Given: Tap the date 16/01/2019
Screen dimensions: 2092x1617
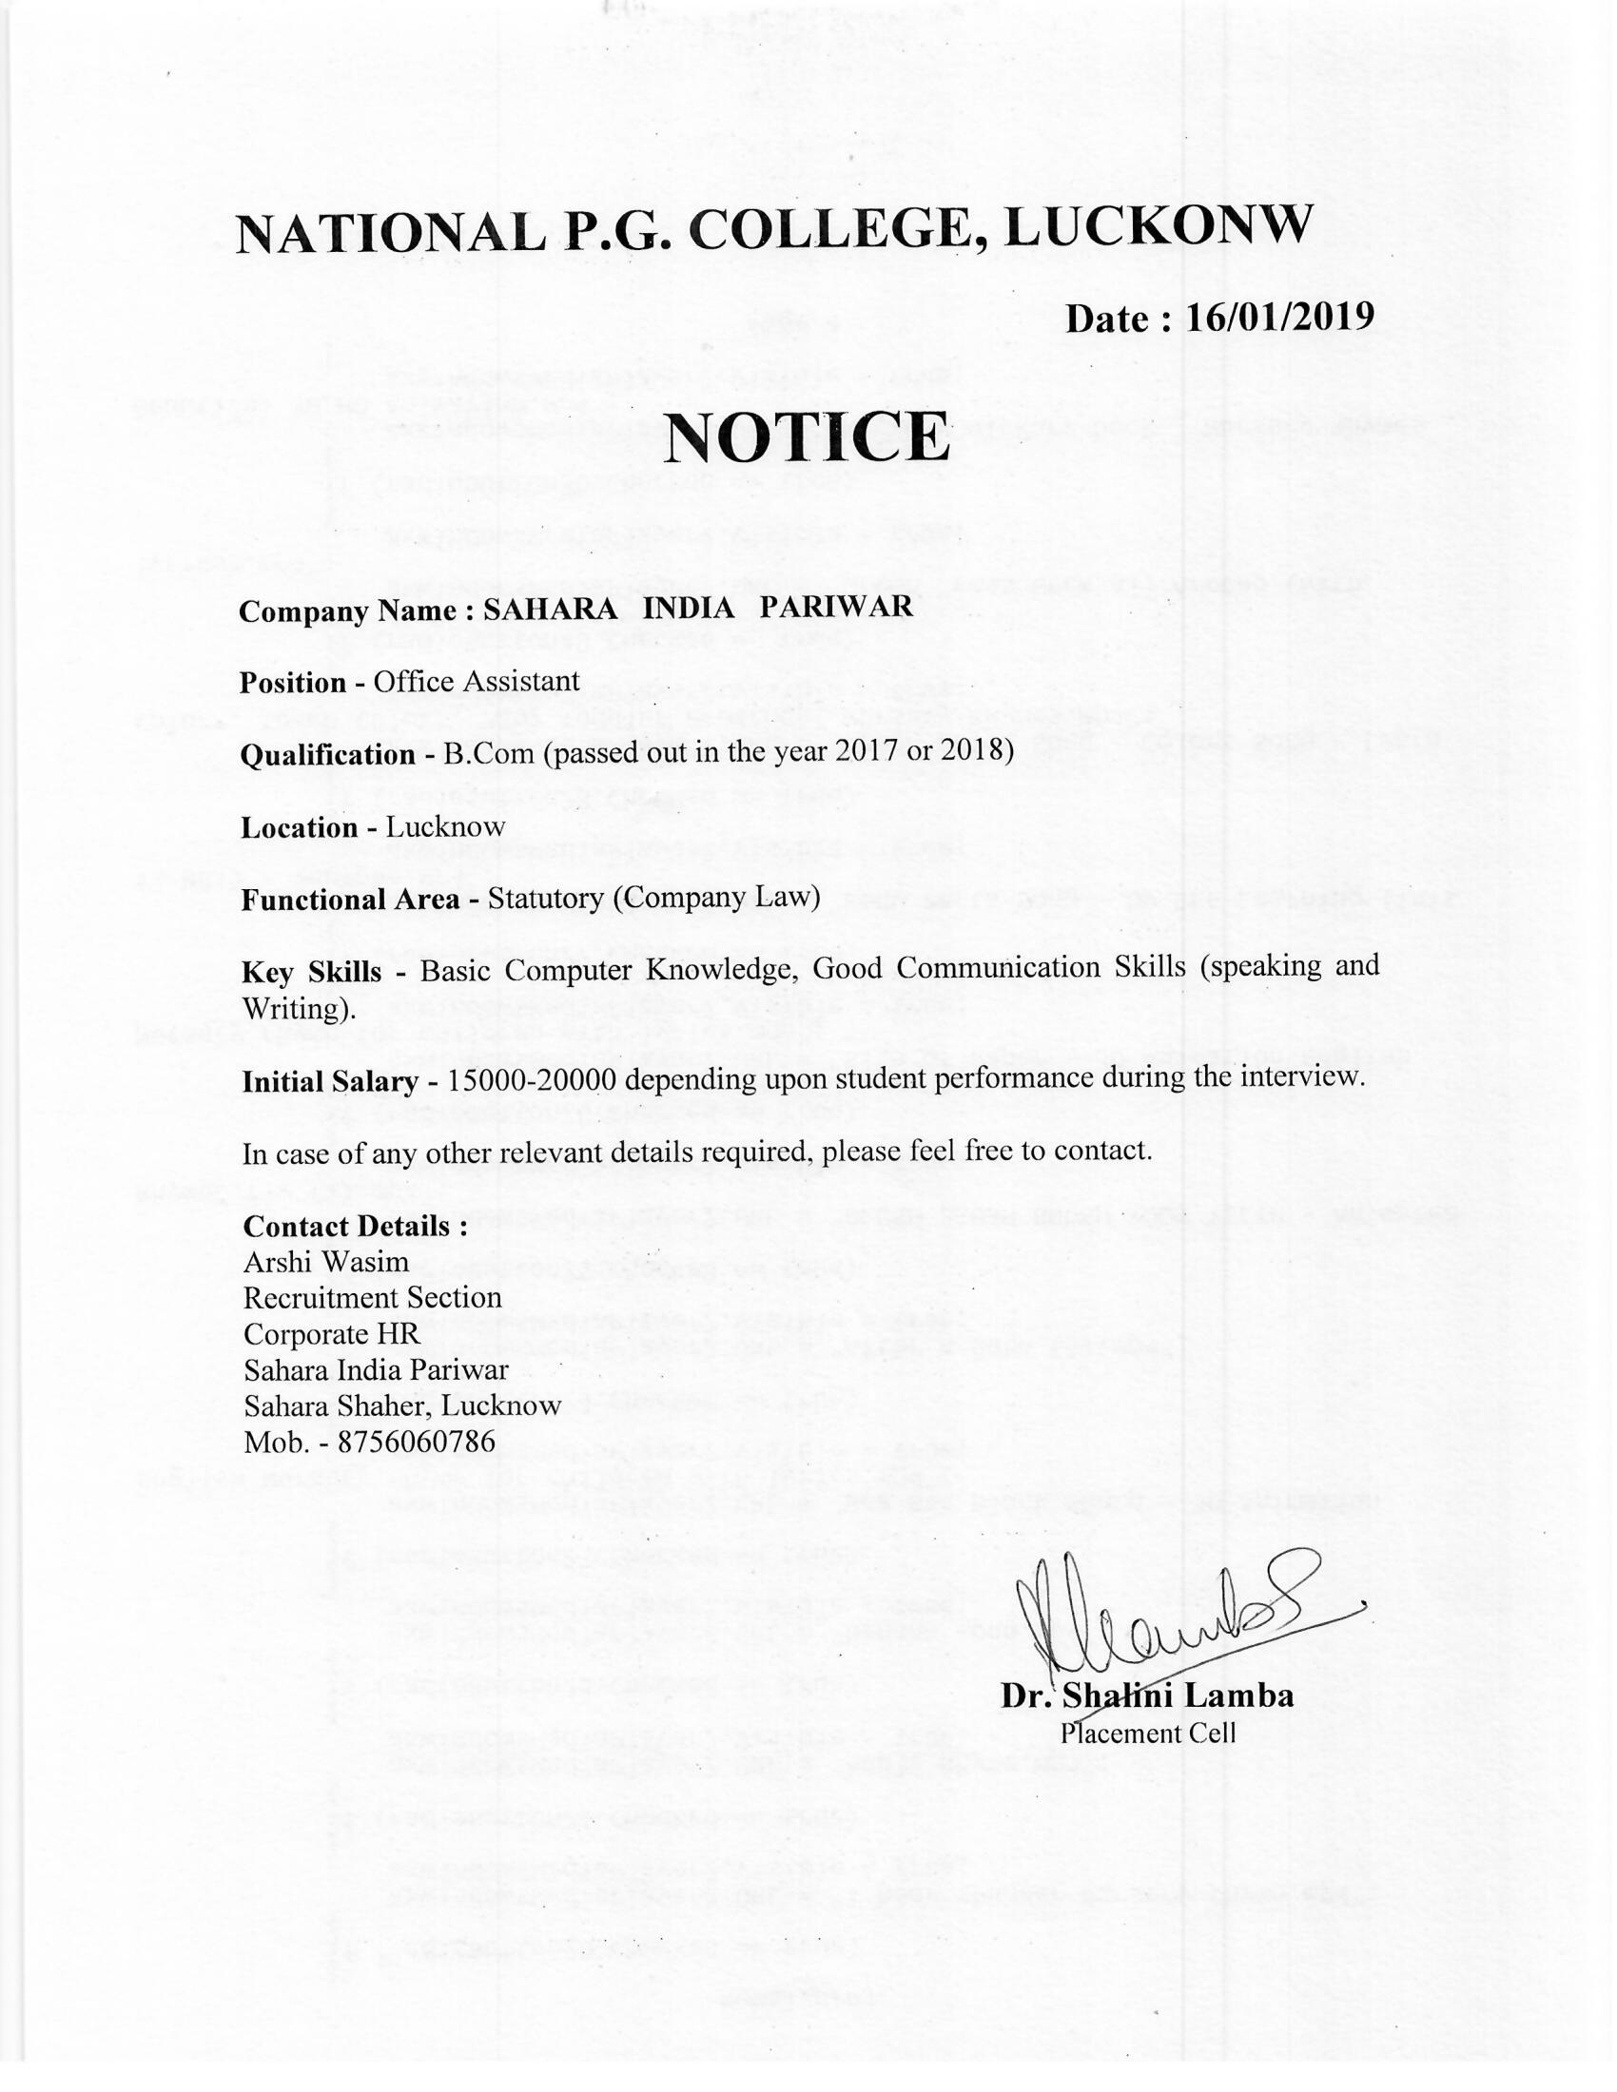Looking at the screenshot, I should tap(1278, 317).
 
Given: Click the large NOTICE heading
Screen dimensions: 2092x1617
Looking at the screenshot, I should tap(807, 437).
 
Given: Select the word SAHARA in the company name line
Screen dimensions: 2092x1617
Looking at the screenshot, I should tap(550, 610).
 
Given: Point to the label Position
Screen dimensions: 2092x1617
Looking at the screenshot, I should tap(292, 683).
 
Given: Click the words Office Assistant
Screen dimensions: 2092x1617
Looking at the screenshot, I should tap(477, 681).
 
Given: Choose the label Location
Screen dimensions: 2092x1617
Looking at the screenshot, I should tap(299, 827).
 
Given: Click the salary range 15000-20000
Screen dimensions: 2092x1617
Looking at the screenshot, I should tap(531, 1079).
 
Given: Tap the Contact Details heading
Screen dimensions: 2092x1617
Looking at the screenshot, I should tap(355, 1226).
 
